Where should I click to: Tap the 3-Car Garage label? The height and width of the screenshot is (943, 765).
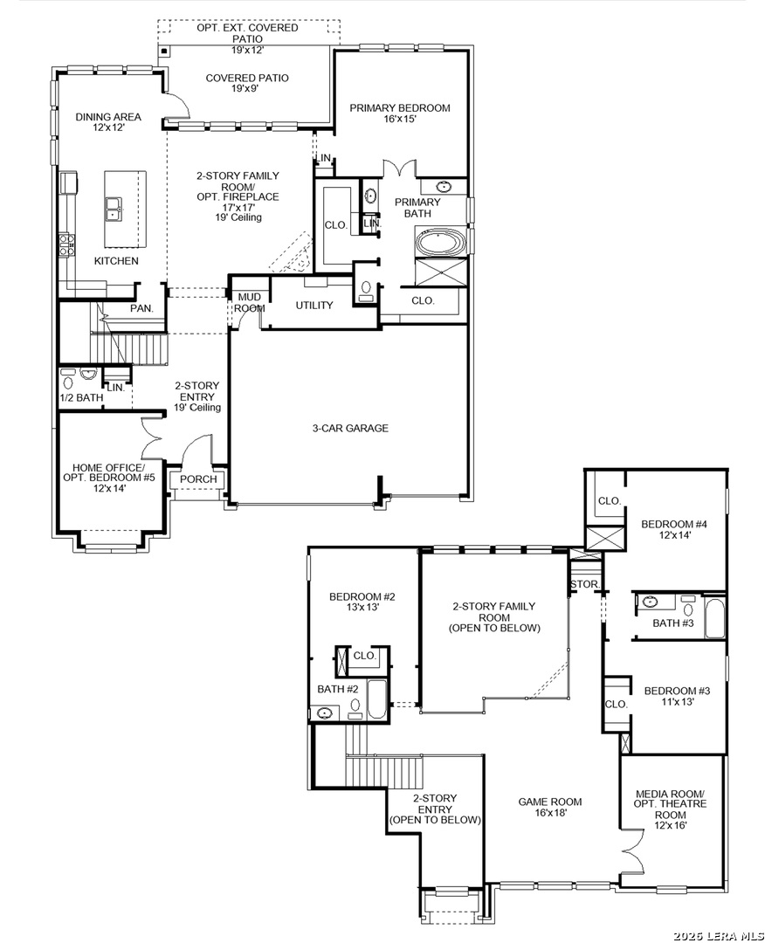(x=350, y=428)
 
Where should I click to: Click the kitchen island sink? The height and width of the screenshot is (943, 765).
(x=113, y=210)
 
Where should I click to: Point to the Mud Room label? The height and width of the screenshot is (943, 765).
(x=250, y=302)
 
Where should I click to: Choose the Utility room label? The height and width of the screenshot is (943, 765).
(x=314, y=306)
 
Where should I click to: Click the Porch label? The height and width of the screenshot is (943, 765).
(x=198, y=479)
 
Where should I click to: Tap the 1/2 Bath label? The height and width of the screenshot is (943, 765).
(x=81, y=397)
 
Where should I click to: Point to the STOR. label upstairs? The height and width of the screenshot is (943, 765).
(x=584, y=584)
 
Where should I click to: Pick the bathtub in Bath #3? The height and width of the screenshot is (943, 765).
(x=714, y=617)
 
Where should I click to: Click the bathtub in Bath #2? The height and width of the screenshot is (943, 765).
(x=376, y=699)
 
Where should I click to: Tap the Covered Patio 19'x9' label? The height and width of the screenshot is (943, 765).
(x=247, y=83)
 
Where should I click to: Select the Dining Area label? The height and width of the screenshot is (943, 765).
(x=108, y=122)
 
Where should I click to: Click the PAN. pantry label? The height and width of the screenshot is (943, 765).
(x=142, y=308)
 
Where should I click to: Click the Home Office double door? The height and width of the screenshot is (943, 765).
(x=152, y=438)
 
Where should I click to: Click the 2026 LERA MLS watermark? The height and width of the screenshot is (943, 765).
(x=718, y=936)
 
